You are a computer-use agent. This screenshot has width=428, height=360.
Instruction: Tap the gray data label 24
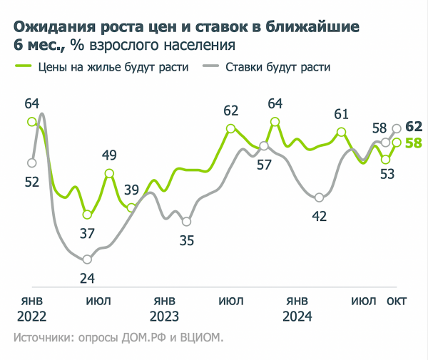point(88,278)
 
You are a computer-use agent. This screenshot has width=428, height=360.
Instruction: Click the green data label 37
point(87,232)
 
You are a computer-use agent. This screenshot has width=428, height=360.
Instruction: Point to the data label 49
point(109,155)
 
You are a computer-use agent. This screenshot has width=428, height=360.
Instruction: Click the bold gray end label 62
point(414,127)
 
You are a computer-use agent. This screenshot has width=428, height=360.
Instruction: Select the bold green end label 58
point(414,143)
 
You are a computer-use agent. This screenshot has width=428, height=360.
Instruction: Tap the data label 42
point(320,216)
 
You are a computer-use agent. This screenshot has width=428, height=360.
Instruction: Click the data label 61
point(342,113)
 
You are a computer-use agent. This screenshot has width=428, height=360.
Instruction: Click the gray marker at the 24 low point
point(88,259)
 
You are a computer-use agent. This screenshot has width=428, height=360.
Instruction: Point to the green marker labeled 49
point(109,173)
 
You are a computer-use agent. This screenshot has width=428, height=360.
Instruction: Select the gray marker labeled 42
point(319,197)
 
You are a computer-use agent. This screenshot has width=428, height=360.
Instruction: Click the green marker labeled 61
point(342,132)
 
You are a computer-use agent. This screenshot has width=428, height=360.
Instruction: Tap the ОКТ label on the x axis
point(397,301)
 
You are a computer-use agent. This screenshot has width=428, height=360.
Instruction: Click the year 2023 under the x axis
point(164,317)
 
